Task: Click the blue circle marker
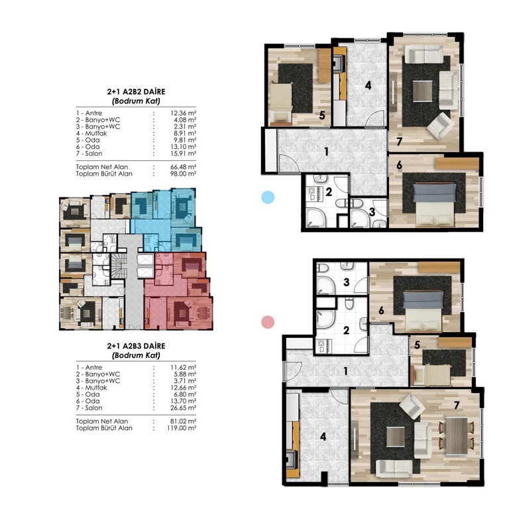268,197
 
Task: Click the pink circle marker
268,322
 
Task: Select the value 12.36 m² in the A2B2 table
184,113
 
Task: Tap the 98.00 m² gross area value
184,174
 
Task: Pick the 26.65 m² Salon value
184,408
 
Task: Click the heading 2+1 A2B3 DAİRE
137,346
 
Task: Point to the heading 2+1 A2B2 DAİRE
137,91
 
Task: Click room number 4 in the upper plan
368,85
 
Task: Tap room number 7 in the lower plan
457,405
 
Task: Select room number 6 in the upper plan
399,165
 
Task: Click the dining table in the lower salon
457,436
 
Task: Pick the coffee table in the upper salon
423,91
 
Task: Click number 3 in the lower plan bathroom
347,282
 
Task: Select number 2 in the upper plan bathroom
329,192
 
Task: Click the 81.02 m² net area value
184,422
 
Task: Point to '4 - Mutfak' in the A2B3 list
91,388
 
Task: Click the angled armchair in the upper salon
441,127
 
